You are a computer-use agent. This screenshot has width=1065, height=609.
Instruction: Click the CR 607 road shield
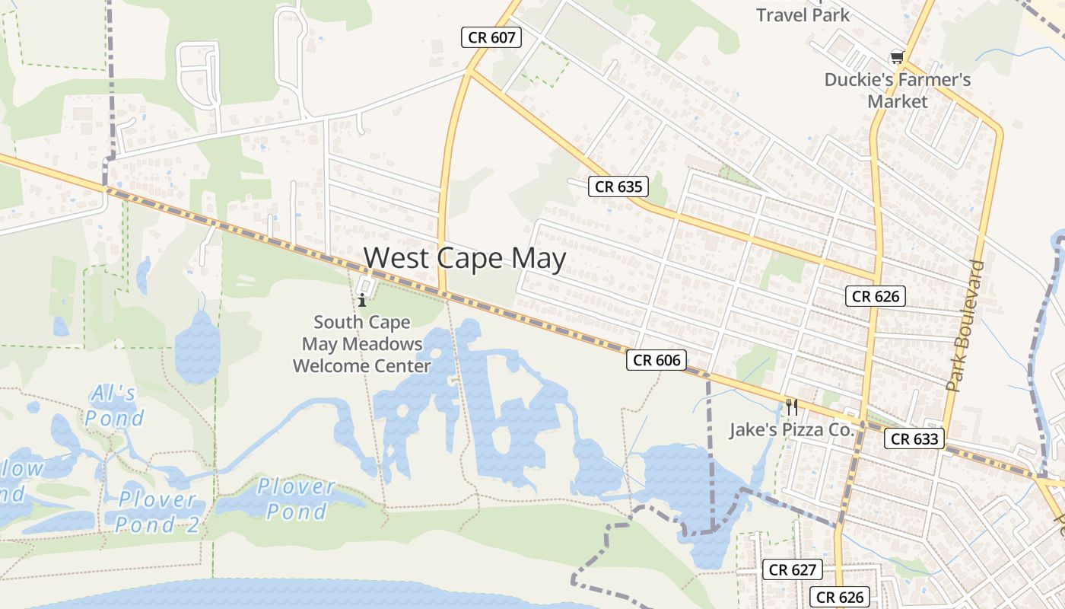click(x=491, y=37)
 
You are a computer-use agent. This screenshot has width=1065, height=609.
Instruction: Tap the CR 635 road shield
click(x=618, y=187)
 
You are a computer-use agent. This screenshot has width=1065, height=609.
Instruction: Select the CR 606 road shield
click(x=656, y=360)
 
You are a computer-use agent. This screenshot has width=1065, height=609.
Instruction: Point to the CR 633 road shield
click(x=916, y=438)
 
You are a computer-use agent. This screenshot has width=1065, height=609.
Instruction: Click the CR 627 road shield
click(x=792, y=569)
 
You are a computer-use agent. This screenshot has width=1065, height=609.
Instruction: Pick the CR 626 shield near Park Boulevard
click(x=876, y=296)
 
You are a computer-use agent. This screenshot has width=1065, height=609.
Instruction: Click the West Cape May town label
click(x=465, y=259)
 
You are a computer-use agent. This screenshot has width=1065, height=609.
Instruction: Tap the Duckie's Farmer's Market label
click(x=898, y=91)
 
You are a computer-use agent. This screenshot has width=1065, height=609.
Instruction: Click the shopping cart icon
click(x=898, y=57)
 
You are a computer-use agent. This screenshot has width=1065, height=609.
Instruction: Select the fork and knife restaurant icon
click(x=792, y=407)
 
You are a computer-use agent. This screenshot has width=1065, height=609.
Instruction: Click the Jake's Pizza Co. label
click(x=792, y=430)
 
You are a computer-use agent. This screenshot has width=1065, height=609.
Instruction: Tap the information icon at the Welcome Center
click(x=363, y=299)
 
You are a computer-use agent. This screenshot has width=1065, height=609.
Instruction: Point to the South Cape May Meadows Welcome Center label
click(x=362, y=344)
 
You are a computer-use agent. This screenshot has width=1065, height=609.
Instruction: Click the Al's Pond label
click(x=114, y=406)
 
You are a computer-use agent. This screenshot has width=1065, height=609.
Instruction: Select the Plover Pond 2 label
click(x=156, y=512)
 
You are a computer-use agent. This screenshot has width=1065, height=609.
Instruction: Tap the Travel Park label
click(x=803, y=14)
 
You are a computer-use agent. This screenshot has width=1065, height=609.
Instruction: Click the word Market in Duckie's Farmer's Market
click(x=898, y=102)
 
